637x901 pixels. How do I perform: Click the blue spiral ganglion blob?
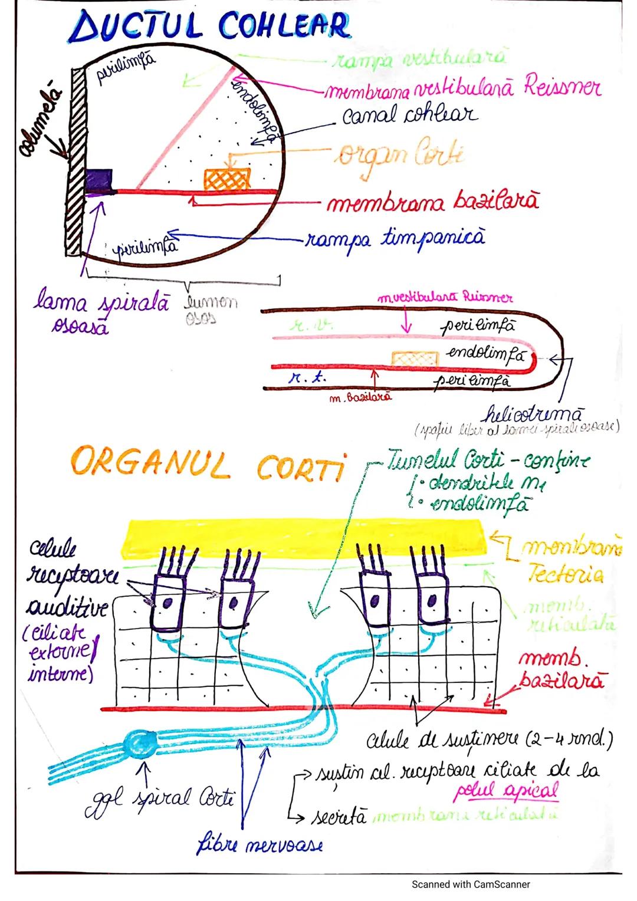(142, 743)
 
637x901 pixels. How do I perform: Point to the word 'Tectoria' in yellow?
(565, 574)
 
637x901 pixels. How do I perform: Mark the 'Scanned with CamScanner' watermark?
(471, 884)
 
